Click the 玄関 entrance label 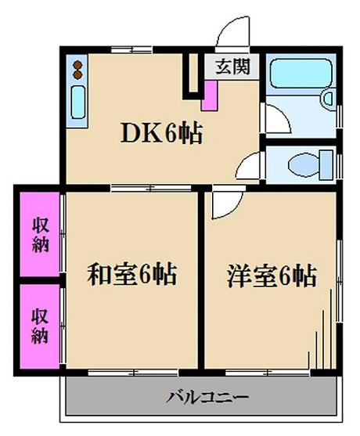click(x=232, y=67)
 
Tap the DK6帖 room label click(x=161, y=134)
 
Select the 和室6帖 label click(x=132, y=274)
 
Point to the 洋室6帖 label click(x=272, y=276)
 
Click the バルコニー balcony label click(x=207, y=398)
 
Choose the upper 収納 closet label click(x=41, y=236)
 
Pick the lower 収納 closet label click(x=40, y=326)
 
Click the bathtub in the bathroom click(x=301, y=74)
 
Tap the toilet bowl click(x=304, y=164)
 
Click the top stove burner click(x=77, y=65)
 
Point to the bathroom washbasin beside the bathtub click(x=328, y=97)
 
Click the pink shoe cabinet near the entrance click(x=210, y=95)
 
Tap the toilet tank click(x=326, y=164)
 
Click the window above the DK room click(x=131, y=50)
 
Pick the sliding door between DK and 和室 click(x=151, y=188)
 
